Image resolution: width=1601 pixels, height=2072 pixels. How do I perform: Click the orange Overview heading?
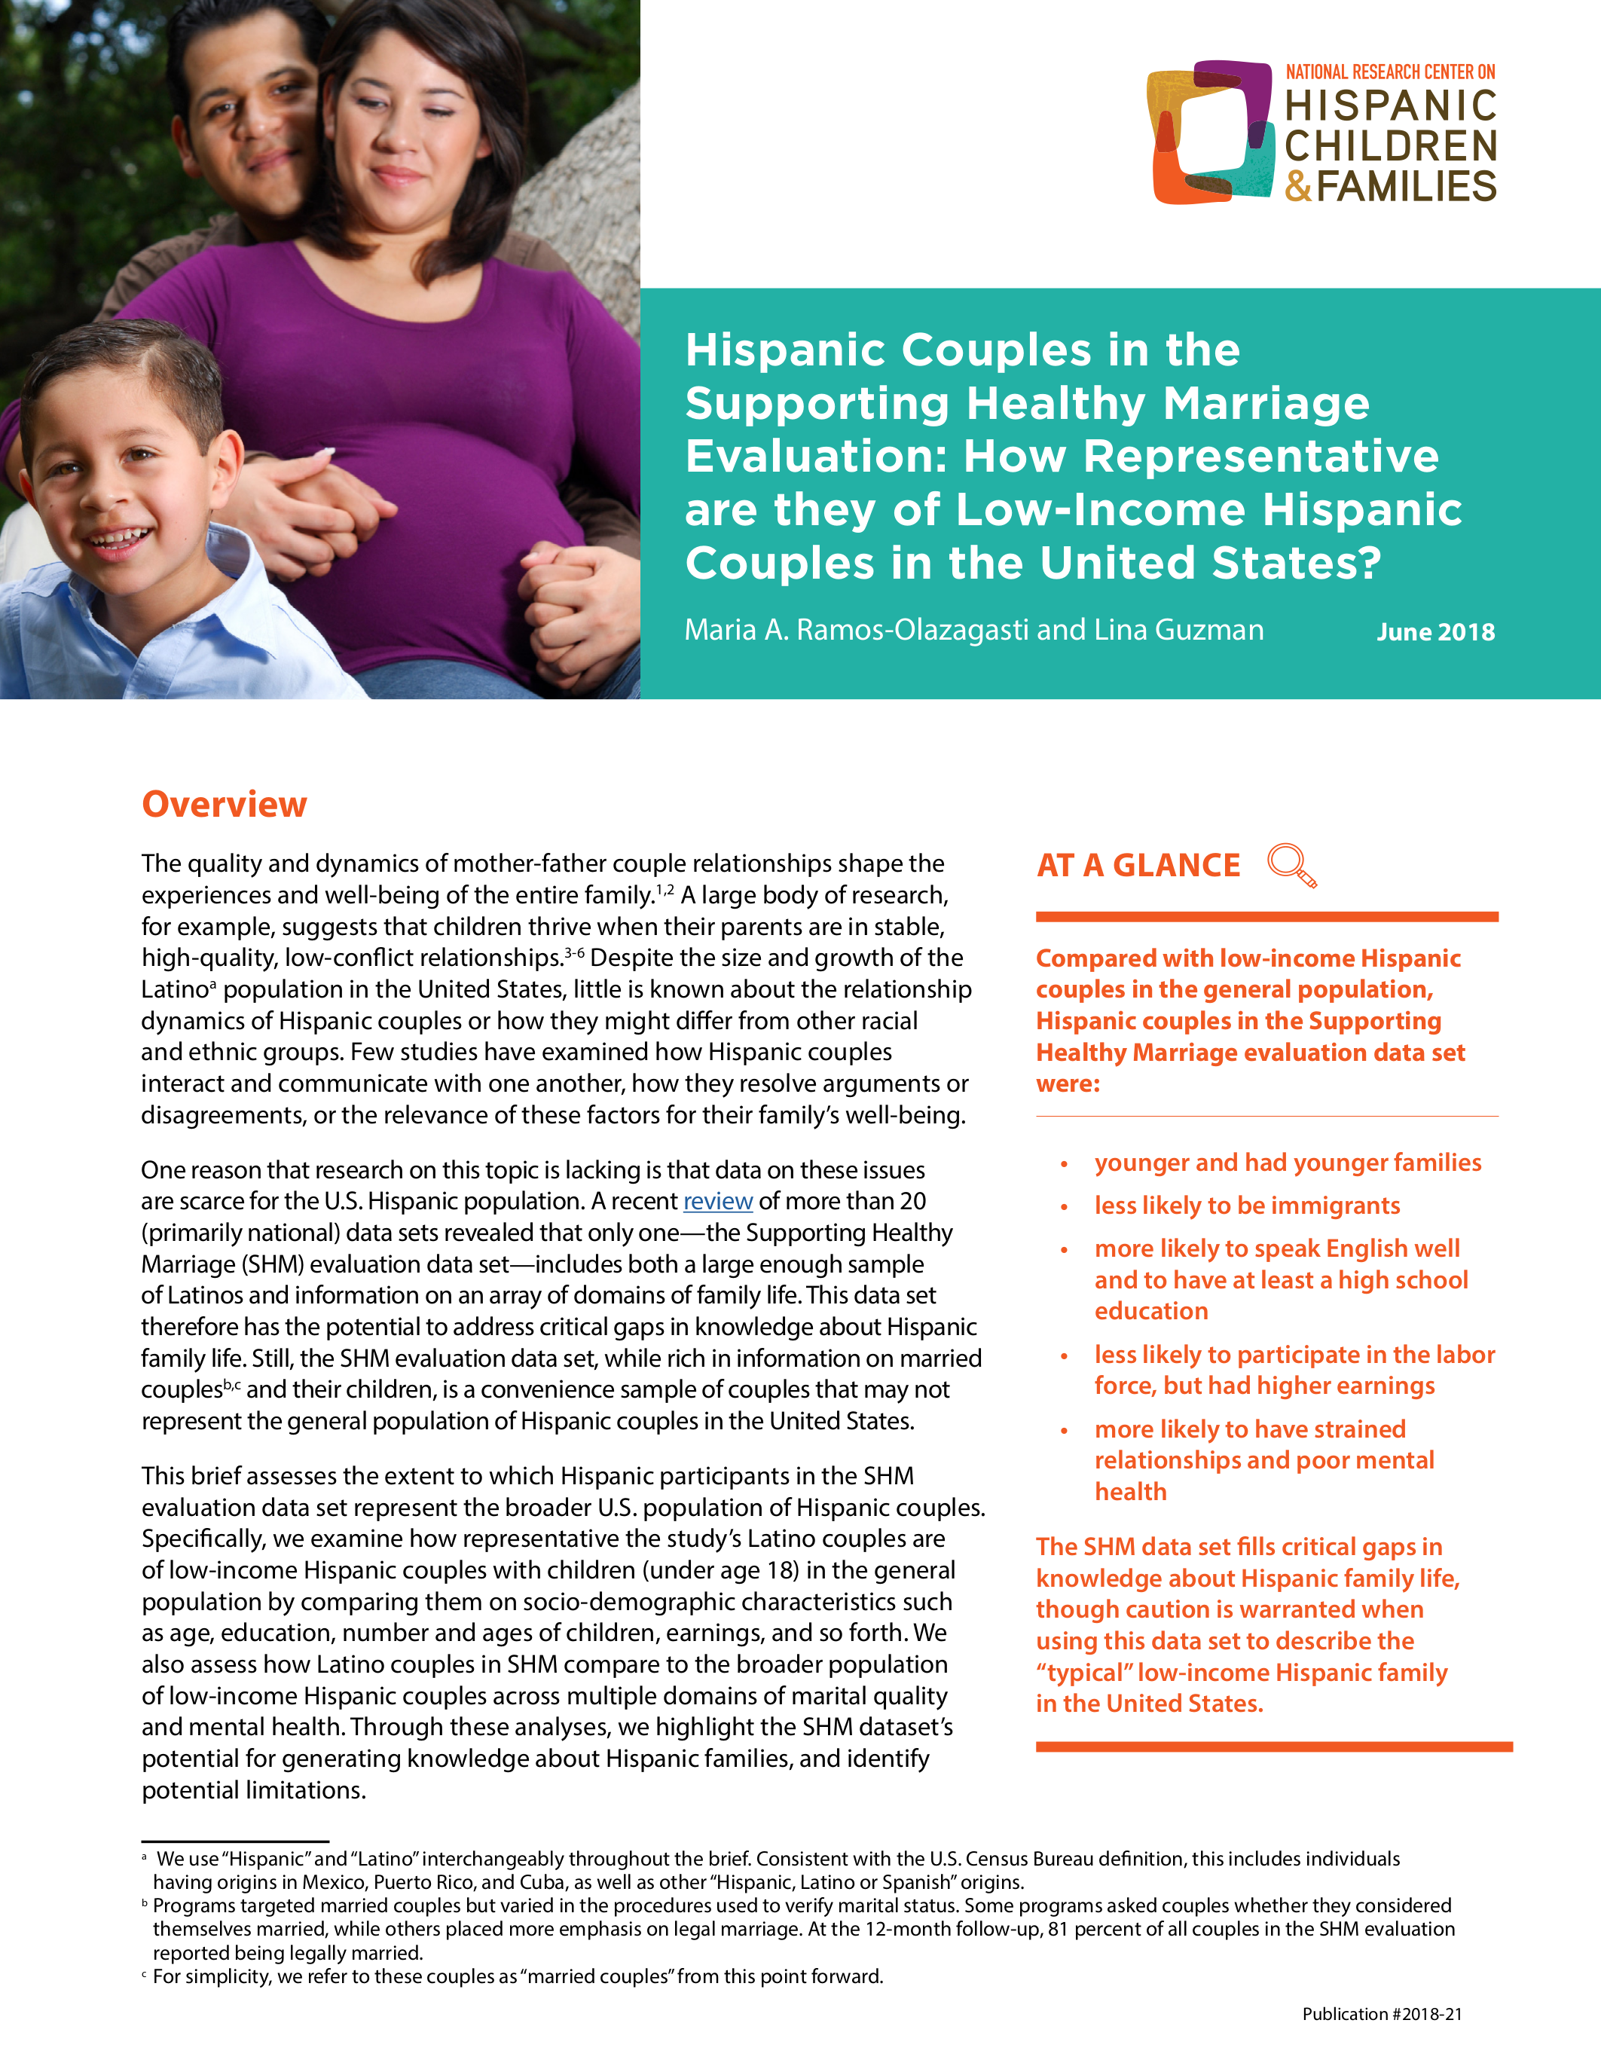click(224, 805)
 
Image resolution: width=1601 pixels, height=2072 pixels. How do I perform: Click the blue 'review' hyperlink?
click(717, 1201)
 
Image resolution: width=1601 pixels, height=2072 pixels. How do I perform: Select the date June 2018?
click(1435, 632)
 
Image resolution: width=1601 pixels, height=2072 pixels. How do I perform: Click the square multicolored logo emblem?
click(1210, 132)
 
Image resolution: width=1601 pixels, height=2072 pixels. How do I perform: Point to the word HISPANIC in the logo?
click(1391, 105)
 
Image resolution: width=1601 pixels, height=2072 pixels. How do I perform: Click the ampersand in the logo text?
click(1297, 186)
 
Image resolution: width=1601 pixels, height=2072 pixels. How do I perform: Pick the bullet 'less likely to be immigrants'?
click(1246, 1205)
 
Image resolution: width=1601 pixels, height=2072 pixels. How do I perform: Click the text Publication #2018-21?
click(1381, 2013)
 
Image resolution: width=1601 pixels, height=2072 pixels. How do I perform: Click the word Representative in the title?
click(1260, 457)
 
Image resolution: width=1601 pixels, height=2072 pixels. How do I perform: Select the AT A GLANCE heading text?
click(1138, 865)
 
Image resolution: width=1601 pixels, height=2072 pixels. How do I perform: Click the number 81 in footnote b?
click(1058, 1930)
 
